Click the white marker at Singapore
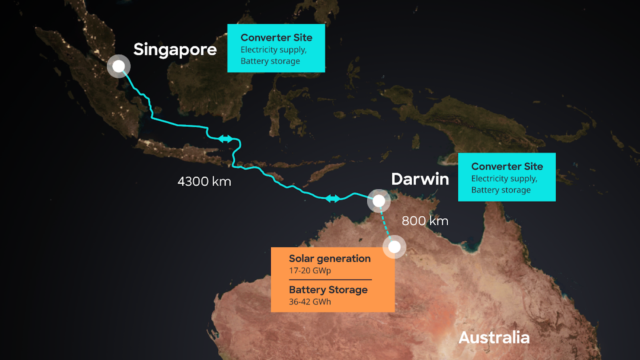pos(119,66)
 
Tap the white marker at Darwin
pos(379,201)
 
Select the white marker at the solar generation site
pos(394,247)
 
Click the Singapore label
pos(175,50)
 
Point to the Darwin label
pos(420,179)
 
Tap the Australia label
pos(494,338)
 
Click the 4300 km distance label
pos(204,182)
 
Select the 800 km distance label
pos(425,221)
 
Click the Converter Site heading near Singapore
pos(276,38)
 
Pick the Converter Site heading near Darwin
pos(507,166)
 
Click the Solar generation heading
pos(330,258)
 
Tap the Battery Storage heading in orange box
pos(328,290)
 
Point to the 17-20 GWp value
pos(310,270)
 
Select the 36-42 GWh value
pos(310,302)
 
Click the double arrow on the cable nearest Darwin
pos(333,198)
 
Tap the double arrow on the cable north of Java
pos(226,139)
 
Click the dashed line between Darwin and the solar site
pos(385,224)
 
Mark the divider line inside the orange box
pos(330,280)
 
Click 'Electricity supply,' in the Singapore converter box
pos(274,50)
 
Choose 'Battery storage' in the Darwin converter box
pos(501,190)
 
